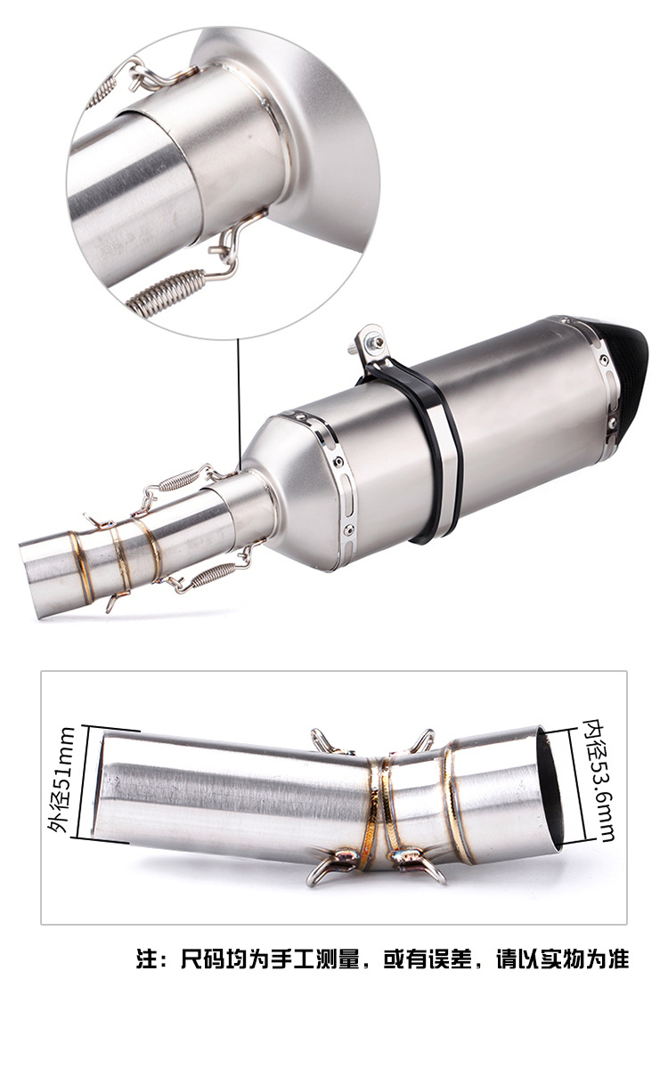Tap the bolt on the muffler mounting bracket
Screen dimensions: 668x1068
coord(371,341)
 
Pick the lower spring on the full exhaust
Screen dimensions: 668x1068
coord(212,573)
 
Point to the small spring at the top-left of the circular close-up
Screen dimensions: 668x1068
coord(102,93)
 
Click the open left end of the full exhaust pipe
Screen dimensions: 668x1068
coord(31,578)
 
